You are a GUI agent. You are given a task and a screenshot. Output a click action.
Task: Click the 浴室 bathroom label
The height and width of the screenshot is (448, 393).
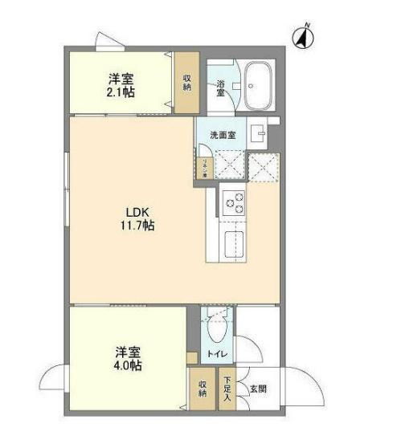(x=219, y=87)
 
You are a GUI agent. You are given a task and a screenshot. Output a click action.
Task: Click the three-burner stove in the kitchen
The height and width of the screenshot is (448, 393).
(x=232, y=203)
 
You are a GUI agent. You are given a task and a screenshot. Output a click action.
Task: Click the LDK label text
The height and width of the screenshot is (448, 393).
(x=133, y=213)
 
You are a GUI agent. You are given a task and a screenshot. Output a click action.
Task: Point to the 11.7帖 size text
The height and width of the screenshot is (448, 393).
(x=133, y=227)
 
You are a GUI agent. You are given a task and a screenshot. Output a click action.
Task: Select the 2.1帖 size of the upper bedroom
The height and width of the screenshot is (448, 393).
(x=121, y=93)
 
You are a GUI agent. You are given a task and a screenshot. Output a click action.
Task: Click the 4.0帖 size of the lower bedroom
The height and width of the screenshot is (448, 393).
(x=128, y=365)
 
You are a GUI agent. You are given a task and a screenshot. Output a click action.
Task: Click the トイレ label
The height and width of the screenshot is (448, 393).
(x=215, y=354)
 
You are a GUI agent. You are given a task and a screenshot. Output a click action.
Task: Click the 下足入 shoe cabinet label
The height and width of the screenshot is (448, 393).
(x=227, y=389)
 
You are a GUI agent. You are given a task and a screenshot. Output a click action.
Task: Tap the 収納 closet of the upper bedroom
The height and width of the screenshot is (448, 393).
(x=186, y=82)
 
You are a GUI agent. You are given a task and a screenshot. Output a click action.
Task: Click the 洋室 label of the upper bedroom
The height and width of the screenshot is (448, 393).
(x=121, y=79)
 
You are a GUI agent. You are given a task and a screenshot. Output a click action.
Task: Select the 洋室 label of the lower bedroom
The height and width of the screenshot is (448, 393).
(x=128, y=351)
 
